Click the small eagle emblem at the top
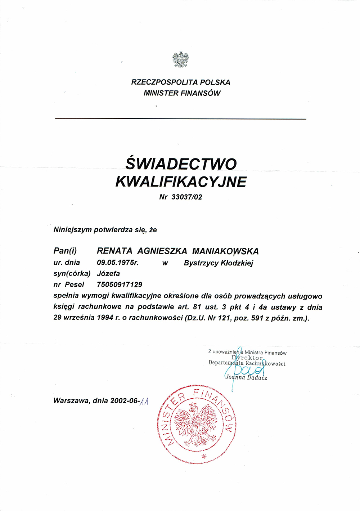(x=180, y=60)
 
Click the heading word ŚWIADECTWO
(x=181, y=164)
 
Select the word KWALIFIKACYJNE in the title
(x=181, y=182)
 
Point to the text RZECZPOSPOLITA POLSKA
(x=181, y=82)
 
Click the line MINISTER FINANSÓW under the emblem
(x=182, y=93)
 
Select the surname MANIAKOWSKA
(x=225, y=251)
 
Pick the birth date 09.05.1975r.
(x=118, y=263)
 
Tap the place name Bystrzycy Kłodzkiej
(x=219, y=263)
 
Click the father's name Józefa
(x=108, y=273)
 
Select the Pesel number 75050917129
(x=120, y=284)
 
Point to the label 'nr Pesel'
(x=69, y=284)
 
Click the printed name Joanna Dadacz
(x=246, y=378)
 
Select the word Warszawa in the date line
(x=71, y=400)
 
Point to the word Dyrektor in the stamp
(x=247, y=358)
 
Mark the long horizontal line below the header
(x=180, y=119)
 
